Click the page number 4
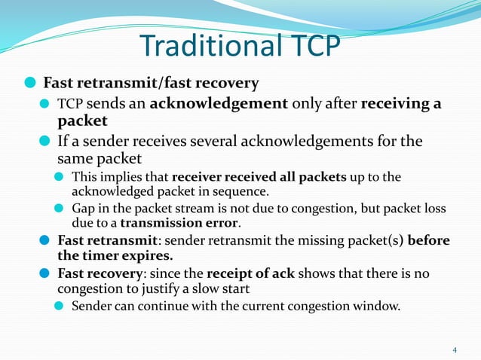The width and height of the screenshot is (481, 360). pyautogui.click(x=455, y=349)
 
